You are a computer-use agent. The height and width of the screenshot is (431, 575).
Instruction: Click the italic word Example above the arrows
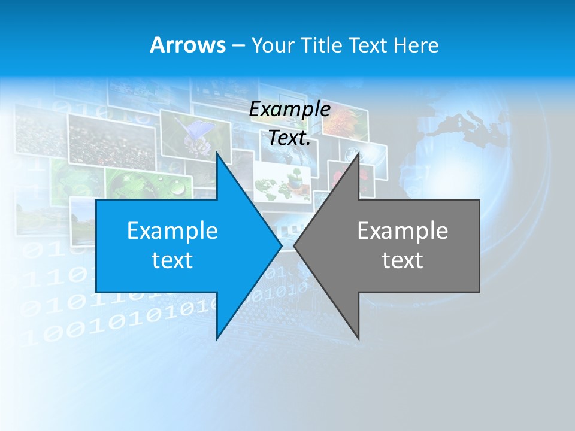tap(289, 110)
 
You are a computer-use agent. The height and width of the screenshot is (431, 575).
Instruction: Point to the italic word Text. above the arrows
tap(289, 138)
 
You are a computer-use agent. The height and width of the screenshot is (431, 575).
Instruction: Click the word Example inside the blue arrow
tap(172, 230)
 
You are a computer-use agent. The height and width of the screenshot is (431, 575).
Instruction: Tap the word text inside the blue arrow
tap(172, 260)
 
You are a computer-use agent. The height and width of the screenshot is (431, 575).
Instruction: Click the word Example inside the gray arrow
tap(402, 230)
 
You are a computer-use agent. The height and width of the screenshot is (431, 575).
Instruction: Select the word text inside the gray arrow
tap(402, 260)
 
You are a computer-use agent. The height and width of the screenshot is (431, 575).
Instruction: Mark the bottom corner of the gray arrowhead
tap(358, 338)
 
